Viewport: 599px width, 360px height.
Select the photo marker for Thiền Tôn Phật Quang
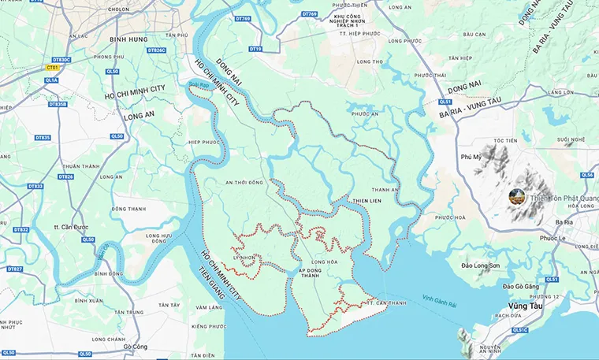click(x=518, y=196)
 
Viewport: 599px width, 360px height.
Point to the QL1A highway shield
click(x=51, y=80)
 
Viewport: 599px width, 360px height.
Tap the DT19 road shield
click(x=255, y=49)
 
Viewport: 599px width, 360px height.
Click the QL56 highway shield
click(x=586, y=175)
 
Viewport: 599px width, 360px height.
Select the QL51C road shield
click(x=519, y=330)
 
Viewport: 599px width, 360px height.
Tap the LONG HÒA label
click(x=324, y=262)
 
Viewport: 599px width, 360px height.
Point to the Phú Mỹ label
click(x=471, y=157)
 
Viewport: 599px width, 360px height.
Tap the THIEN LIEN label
click(x=366, y=200)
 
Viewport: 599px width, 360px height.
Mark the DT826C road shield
click(x=157, y=50)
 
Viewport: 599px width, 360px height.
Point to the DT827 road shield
click(x=15, y=269)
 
